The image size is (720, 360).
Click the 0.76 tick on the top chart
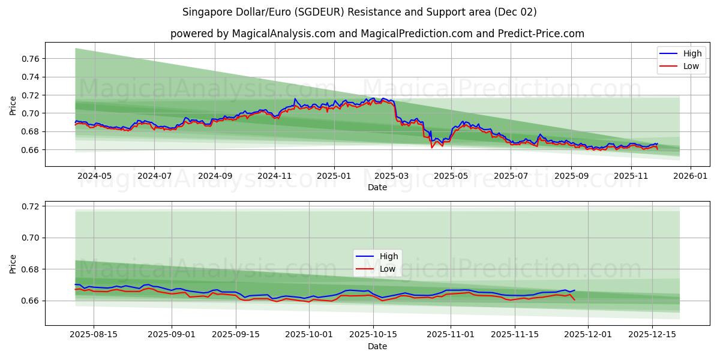(x=31, y=59)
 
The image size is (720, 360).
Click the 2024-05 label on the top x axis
(x=94, y=176)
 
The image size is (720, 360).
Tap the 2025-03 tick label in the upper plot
(x=392, y=176)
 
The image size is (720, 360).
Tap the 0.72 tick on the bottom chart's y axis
(x=31, y=206)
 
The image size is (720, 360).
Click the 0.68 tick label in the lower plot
(x=31, y=269)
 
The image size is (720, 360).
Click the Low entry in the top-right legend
(x=691, y=66)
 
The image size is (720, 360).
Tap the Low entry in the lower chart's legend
(x=387, y=269)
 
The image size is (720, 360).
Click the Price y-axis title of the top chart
(x=13, y=105)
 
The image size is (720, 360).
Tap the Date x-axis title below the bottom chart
(x=377, y=346)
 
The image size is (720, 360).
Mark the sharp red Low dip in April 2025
(x=431, y=148)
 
